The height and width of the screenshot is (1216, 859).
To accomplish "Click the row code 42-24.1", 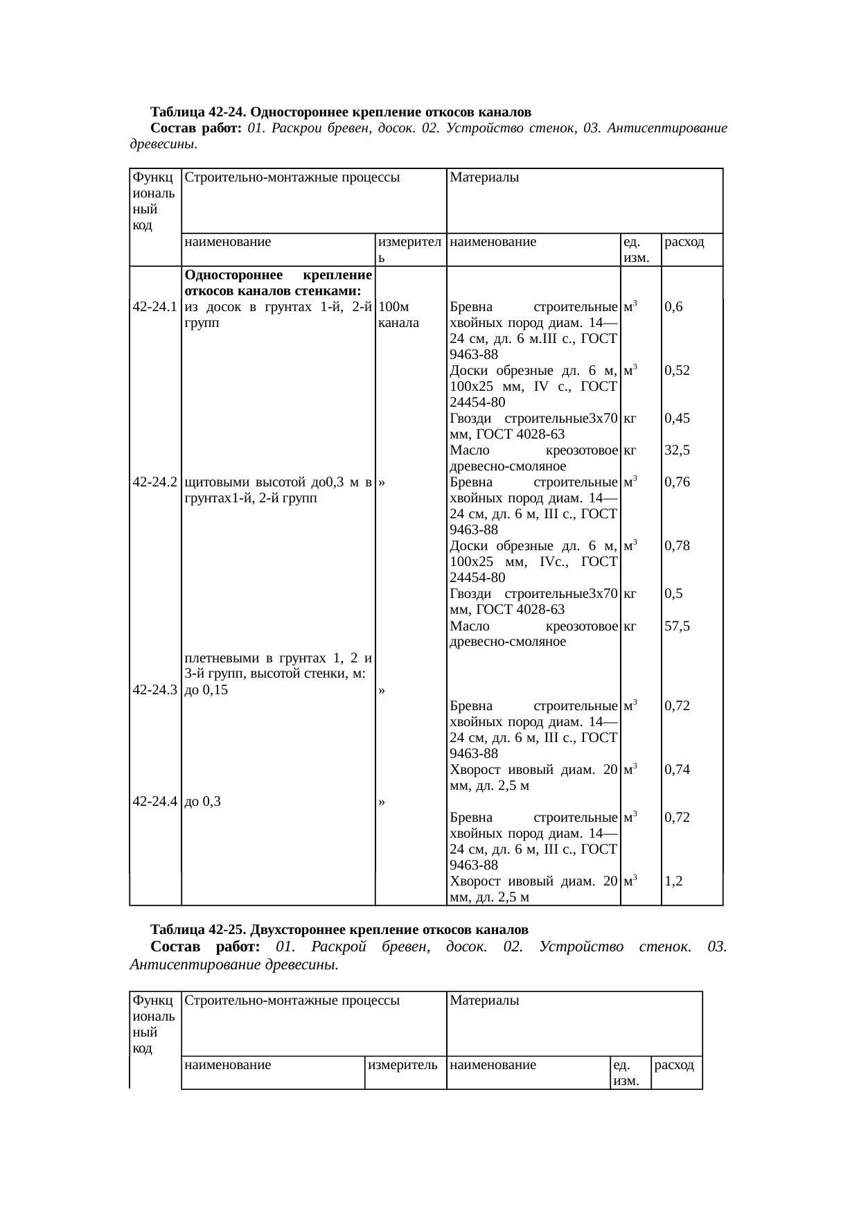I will click(x=155, y=307).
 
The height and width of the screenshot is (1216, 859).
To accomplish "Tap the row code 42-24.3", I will click(x=155, y=690).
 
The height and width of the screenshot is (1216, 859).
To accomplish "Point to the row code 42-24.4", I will click(x=155, y=802).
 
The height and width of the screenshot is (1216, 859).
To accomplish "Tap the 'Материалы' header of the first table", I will click(x=485, y=177).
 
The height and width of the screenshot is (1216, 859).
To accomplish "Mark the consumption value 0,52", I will click(x=677, y=371).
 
